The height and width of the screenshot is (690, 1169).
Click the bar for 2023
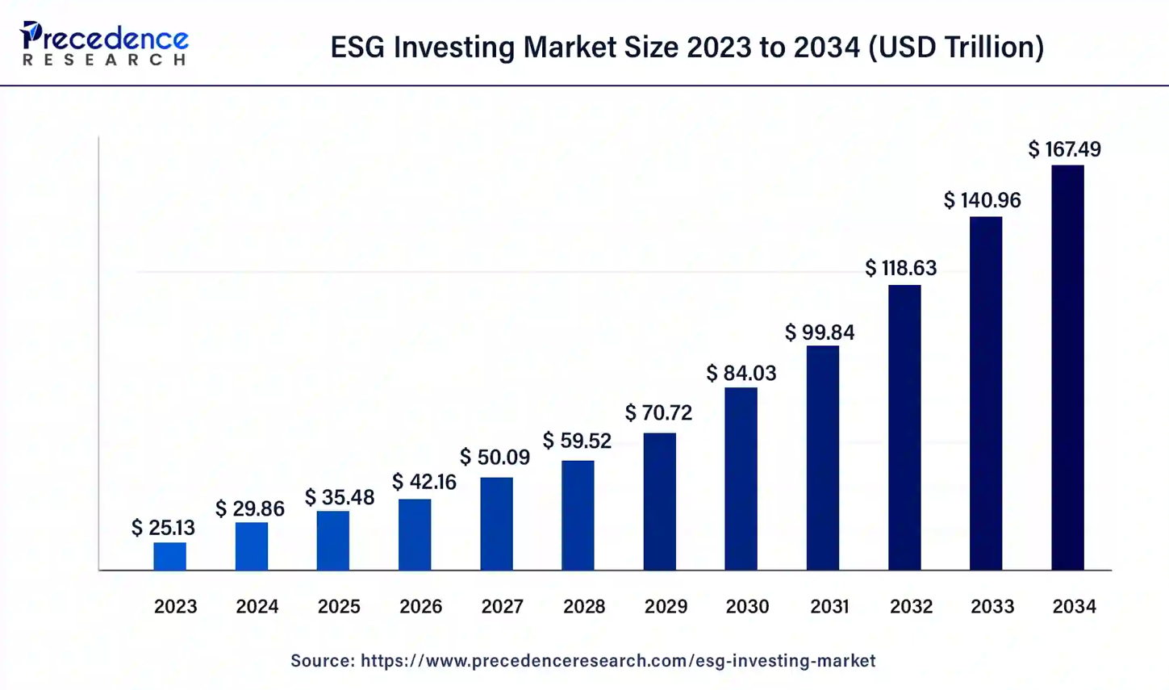coord(169,556)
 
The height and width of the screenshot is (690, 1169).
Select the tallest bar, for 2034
coord(1067,367)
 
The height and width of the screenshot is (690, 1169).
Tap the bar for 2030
coord(741,479)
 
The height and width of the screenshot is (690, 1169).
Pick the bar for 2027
coord(496,524)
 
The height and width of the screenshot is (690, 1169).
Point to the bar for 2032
coord(904,428)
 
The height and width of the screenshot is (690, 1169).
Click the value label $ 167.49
coord(1064,149)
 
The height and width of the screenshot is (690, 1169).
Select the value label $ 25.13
coord(163,528)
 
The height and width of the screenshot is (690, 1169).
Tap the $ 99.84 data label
coord(820,332)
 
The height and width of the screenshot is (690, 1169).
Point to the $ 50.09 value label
coord(495,458)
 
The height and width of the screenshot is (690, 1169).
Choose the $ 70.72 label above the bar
coord(658,413)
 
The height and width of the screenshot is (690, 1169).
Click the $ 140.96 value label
coord(982,200)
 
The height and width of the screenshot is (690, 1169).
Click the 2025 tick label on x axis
coord(339,606)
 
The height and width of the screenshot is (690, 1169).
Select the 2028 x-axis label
coord(584,606)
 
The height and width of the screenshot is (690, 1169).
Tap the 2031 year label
coord(829,606)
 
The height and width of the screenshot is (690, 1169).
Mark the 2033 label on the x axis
coord(992,606)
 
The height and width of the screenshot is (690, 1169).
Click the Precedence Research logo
coord(104,44)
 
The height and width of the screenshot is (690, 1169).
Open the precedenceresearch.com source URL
coord(617,661)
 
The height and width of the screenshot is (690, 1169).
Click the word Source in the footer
coord(321,661)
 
